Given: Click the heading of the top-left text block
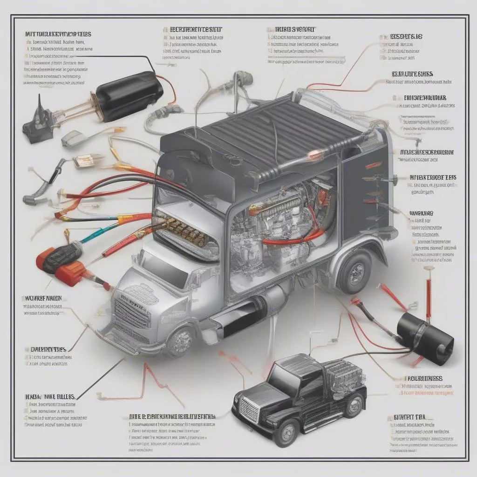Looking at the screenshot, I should click(58, 34).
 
